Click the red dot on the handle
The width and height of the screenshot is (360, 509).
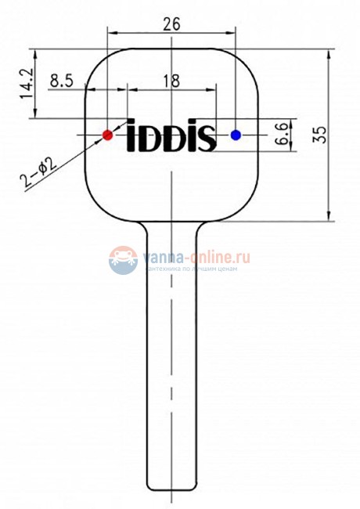point(107,135)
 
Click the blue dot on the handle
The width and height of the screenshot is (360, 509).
point(236,135)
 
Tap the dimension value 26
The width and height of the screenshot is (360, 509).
point(171,23)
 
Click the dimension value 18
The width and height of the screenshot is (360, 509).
point(171,80)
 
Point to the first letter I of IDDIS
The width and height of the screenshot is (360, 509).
point(131,136)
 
